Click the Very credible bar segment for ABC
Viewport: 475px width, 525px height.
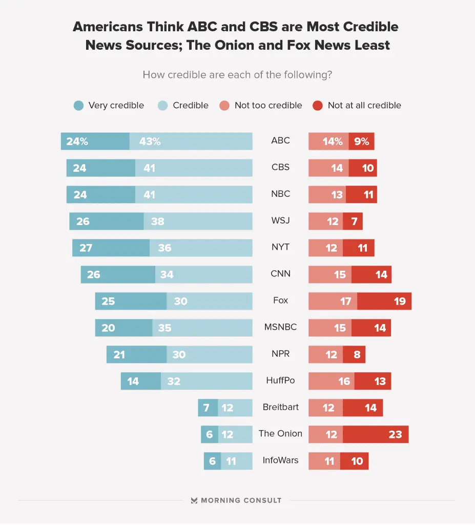(95, 141)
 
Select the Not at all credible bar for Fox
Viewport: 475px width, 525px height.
(384, 301)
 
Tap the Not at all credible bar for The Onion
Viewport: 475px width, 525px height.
(376, 434)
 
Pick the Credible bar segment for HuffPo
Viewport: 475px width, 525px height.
(206, 381)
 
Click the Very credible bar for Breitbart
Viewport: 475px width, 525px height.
(208, 408)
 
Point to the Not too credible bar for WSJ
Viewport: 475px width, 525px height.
(325, 221)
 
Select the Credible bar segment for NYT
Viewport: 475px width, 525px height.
(201, 248)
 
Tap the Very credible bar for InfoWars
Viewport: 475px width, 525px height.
(212, 461)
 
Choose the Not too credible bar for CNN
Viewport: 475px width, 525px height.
(329, 274)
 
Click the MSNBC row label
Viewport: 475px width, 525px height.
(280, 327)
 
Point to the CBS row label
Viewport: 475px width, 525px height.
(280, 167)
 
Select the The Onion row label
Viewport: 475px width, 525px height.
(280, 433)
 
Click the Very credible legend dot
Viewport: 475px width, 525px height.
(78, 106)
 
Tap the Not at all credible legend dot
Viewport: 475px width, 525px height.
(318, 106)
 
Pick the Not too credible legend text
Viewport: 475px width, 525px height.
(268, 106)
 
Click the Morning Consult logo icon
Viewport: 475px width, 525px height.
(194, 500)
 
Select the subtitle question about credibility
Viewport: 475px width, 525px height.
(237, 75)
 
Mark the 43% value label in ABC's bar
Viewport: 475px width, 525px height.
(150, 141)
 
